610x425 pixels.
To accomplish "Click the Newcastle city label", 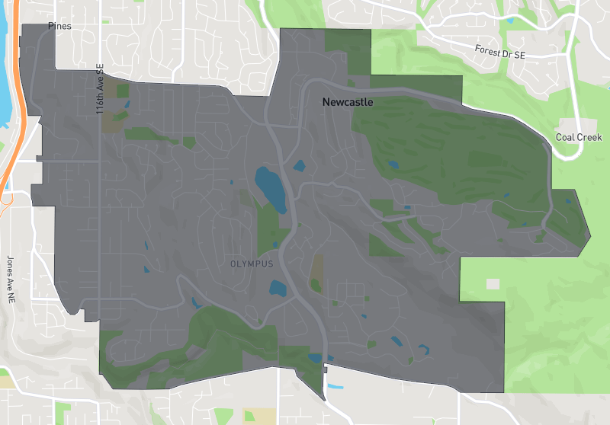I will (348, 102).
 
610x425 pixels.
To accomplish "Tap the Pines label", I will (59, 26).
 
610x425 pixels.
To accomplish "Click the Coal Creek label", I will (579, 137).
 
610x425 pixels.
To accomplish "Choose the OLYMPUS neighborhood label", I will (251, 264).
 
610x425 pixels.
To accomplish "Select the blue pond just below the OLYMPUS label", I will (278, 288).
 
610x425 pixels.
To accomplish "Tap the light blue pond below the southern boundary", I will (334, 386).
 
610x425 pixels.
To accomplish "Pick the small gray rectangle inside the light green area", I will (493, 283).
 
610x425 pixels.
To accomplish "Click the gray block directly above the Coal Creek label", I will (570, 124).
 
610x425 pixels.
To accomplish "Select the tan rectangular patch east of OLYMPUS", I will (316, 267).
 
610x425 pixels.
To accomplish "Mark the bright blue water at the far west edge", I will (3, 61).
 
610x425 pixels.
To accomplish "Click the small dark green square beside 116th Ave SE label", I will (123, 91).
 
